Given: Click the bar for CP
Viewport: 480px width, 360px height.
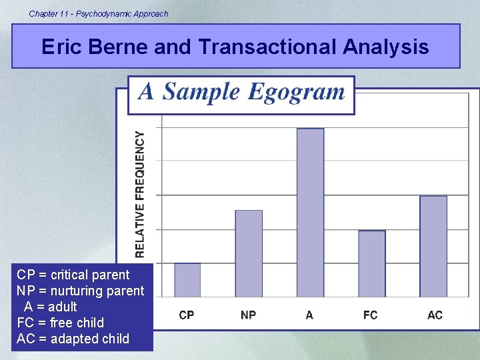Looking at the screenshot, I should pyautogui.click(x=187, y=280).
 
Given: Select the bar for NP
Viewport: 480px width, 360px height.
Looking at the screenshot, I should pyautogui.click(x=249, y=253).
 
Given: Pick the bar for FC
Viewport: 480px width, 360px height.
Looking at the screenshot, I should pyautogui.click(x=372, y=263).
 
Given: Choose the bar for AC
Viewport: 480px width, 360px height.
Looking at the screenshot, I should pyautogui.click(x=433, y=246).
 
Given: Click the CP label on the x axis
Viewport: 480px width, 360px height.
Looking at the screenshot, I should pyautogui.click(x=187, y=315).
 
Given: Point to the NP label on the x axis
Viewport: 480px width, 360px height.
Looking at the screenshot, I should pyautogui.click(x=248, y=315).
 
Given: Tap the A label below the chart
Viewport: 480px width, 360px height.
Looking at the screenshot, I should pyautogui.click(x=309, y=315).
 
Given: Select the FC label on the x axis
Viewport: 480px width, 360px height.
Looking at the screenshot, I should pyautogui.click(x=371, y=315).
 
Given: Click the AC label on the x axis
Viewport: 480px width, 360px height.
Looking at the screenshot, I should pyautogui.click(x=435, y=315).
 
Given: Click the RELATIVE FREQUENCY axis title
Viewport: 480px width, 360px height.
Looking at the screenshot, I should pyautogui.click(x=140, y=194).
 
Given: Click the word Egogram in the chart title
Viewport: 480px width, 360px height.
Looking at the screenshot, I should pyautogui.click(x=296, y=92).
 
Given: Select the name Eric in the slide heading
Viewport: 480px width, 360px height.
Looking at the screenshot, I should pyautogui.click(x=60, y=47).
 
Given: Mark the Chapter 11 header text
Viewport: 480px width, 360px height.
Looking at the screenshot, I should pyautogui.click(x=99, y=13).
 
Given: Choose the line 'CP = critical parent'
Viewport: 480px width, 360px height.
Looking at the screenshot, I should pyautogui.click(x=73, y=275).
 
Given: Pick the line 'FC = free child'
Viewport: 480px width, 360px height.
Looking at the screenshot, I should pyautogui.click(x=61, y=323).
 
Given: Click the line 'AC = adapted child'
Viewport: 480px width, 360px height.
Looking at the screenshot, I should pyautogui.click(x=73, y=339).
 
